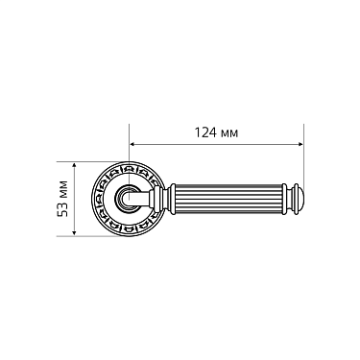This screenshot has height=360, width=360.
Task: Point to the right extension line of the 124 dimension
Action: click(302, 154)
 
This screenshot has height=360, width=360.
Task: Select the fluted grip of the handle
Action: click(230, 200)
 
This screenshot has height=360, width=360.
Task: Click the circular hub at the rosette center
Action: click(128, 200)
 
